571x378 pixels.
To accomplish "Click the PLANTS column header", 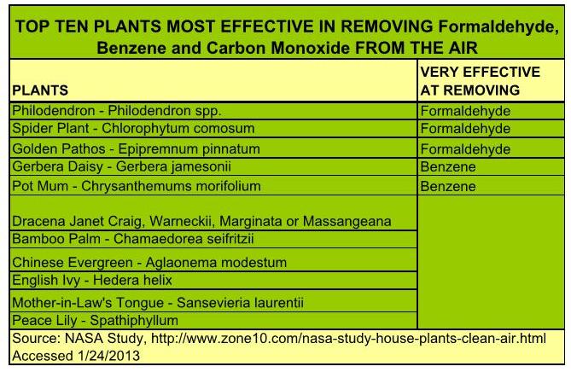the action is [40, 90].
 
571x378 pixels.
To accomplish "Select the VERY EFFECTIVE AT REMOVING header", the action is [480, 81].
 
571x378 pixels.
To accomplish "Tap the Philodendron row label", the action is [117, 111].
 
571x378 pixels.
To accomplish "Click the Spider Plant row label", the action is [133, 128].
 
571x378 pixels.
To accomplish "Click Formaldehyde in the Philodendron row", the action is [465, 111].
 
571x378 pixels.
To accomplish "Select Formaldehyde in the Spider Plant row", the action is [465, 129].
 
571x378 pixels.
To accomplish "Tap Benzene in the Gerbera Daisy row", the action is [448, 166].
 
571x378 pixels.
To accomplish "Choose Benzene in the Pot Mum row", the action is [448, 187].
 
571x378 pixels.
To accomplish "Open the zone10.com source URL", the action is [348, 338].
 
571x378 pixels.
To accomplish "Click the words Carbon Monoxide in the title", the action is [278, 48].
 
